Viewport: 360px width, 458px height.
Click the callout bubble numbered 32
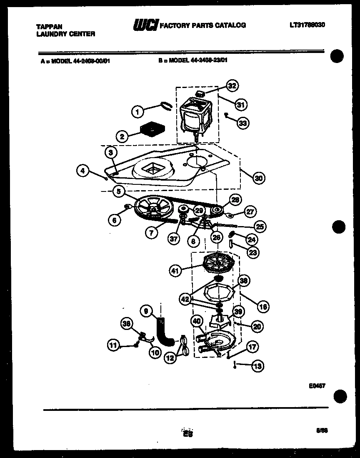[232, 86]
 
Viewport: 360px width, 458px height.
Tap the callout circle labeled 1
[138, 111]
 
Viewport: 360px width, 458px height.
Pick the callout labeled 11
[113, 345]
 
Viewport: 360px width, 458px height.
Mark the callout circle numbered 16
[262, 307]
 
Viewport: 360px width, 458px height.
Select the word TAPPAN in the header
[47, 26]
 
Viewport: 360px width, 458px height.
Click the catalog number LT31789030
[307, 25]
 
